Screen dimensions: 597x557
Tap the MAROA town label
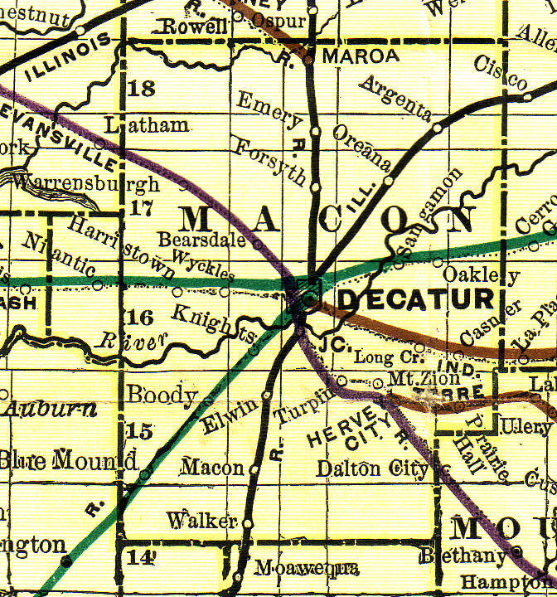coord(355,56)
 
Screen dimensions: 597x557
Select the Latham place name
coord(148,125)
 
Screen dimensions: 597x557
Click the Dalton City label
coord(372,468)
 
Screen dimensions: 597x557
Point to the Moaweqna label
coord(307,569)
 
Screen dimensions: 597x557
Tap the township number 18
coord(143,89)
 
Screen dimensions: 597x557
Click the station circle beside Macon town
coord(254,469)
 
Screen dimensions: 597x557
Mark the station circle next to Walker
coord(247,522)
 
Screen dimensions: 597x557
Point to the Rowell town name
coord(194,27)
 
